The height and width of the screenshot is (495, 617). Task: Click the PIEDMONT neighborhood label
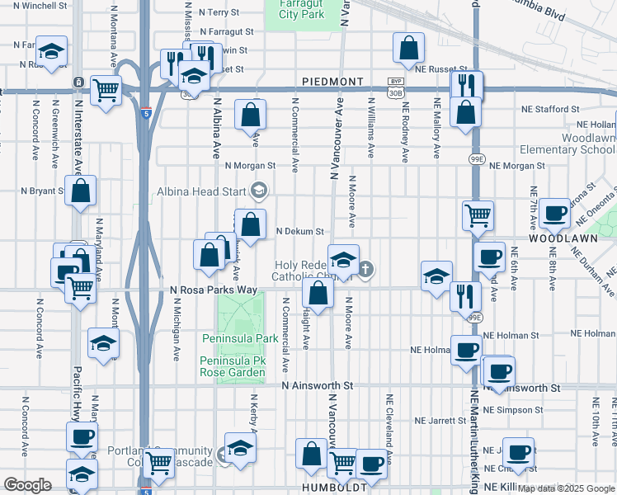click(x=332, y=82)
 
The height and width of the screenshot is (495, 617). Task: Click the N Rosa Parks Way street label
click(x=214, y=290)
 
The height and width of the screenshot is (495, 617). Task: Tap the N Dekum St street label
click(x=299, y=232)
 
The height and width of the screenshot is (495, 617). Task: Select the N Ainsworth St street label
click(x=317, y=385)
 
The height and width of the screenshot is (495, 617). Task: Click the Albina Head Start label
click(x=202, y=192)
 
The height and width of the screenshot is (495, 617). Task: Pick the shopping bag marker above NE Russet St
click(x=408, y=49)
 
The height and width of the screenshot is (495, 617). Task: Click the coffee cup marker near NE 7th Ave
click(x=555, y=212)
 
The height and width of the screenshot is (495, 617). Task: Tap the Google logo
click(x=27, y=485)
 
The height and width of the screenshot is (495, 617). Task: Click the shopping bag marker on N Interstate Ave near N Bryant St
click(x=81, y=191)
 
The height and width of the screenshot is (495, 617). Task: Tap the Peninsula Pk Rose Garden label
click(x=233, y=367)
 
